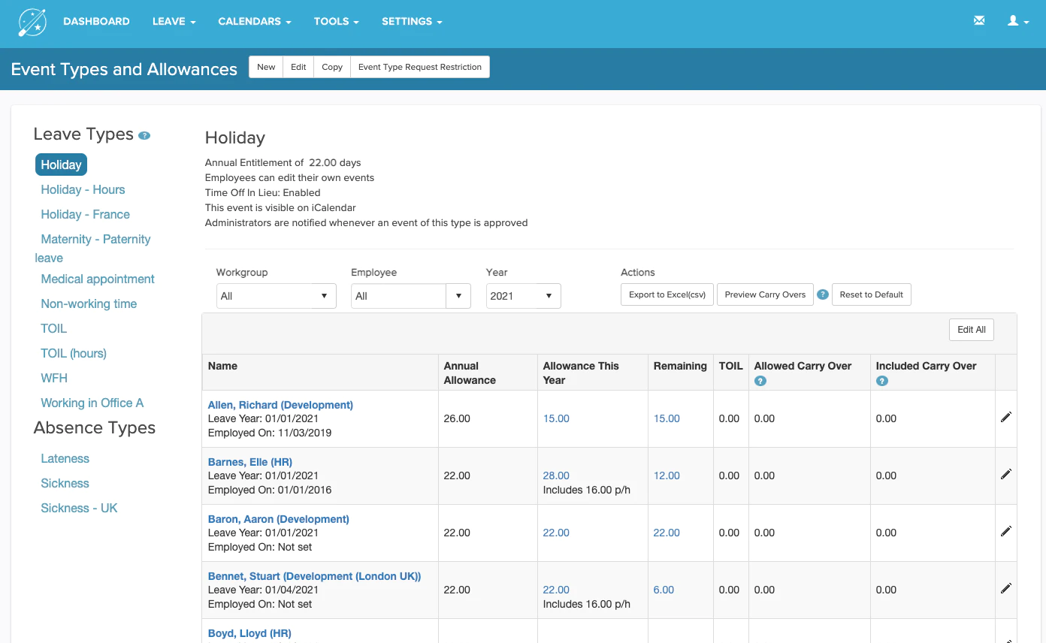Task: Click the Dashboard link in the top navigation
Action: (96, 22)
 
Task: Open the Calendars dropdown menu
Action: (255, 22)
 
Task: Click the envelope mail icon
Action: (979, 20)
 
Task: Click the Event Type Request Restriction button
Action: (419, 67)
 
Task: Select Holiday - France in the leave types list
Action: (85, 214)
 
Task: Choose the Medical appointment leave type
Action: (98, 279)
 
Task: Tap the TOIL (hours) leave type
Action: (74, 354)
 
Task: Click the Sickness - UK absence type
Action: (79, 508)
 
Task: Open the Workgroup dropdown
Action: (276, 295)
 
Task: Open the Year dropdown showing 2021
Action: (523, 295)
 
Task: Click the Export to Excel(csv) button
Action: (667, 294)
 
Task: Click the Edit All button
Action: (972, 330)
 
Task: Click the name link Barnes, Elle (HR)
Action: (249, 462)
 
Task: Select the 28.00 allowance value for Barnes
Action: (556, 475)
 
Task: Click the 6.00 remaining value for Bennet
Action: (663, 590)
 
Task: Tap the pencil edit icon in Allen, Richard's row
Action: (1006, 417)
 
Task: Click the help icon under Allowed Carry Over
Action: (760, 381)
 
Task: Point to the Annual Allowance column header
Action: (470, 373)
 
